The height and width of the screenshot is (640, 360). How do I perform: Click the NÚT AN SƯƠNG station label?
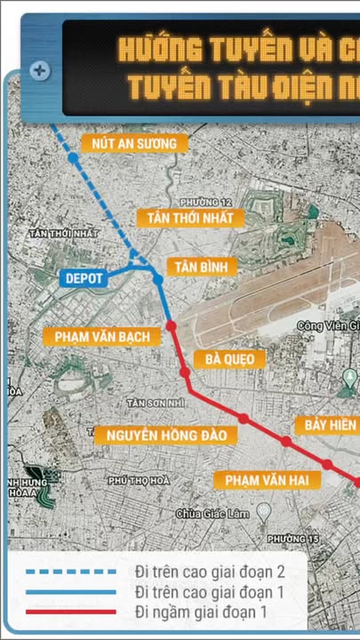click(x=134, y=143)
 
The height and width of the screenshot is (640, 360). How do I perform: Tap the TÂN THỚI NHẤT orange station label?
click(x=190, y=218)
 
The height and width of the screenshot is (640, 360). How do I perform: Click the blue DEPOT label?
click(x=84, y=279)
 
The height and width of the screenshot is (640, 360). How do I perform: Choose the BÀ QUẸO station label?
click(x=229, y=359)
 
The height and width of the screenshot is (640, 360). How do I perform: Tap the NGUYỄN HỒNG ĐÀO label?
click(x=166, y=435)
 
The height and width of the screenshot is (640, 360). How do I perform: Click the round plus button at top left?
click(x=39, y=69)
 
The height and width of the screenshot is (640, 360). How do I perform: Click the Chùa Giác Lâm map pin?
click(x=263, y=511)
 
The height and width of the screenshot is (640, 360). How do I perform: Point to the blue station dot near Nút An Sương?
click(x=74, y=158)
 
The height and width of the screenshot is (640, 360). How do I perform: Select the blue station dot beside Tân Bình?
click(x=157, y=279)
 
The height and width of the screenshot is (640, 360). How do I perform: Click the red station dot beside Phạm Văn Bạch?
click(x=172, y=326)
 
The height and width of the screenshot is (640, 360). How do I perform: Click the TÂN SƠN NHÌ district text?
click(x=156, y=403)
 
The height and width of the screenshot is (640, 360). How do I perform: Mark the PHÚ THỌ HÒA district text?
click(x=138, y=481)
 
